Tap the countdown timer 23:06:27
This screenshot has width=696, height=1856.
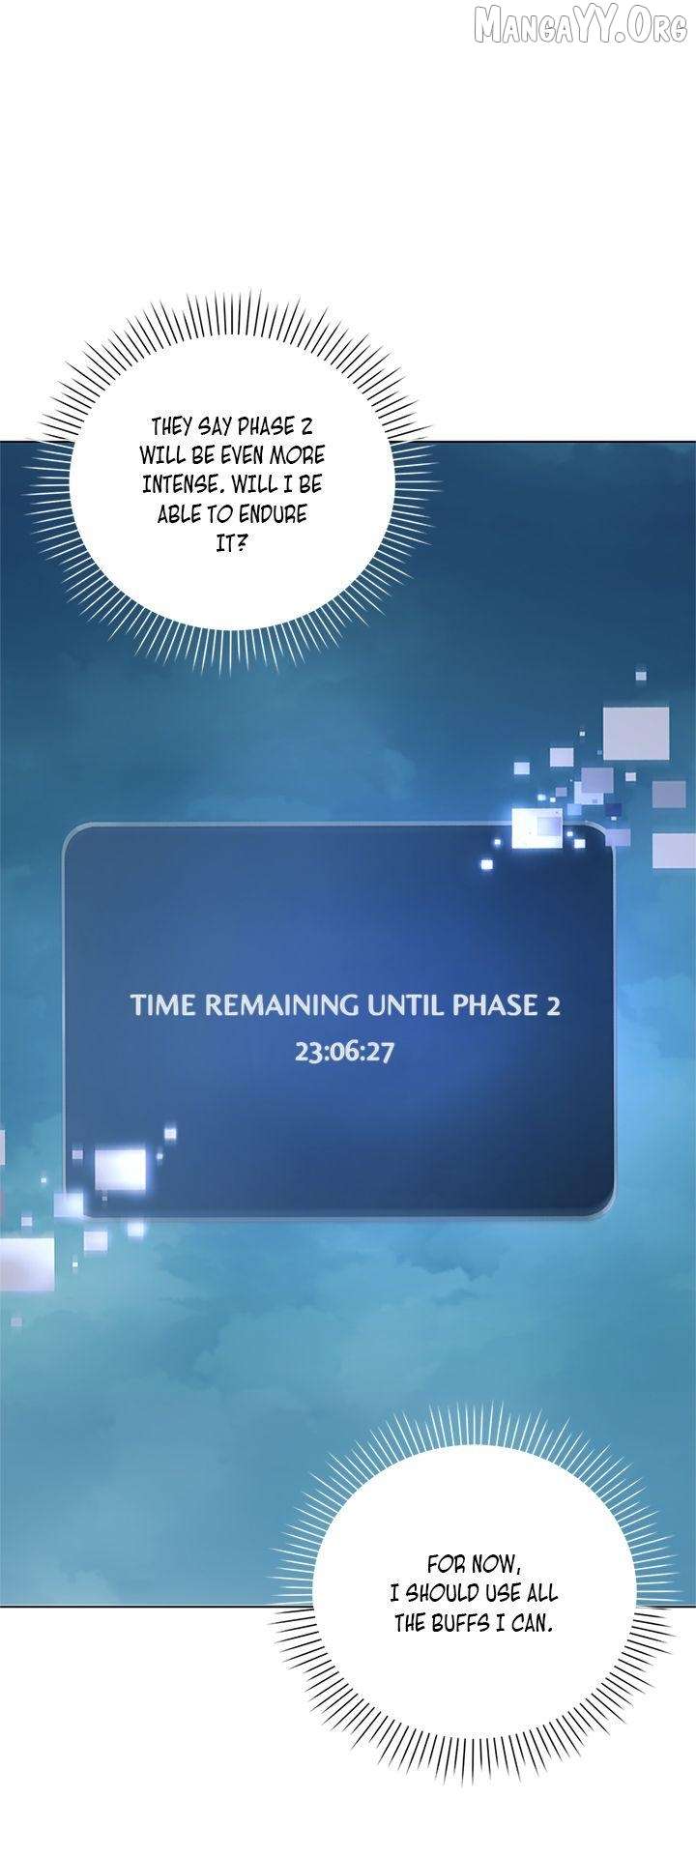[344, 1051]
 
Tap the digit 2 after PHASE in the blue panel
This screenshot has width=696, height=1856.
[553, 1005]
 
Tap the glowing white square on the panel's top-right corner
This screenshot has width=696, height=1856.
[536, 826]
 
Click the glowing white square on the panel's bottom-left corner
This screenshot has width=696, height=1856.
[120, 1166]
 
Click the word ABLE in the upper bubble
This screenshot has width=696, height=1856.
[178, 513]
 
